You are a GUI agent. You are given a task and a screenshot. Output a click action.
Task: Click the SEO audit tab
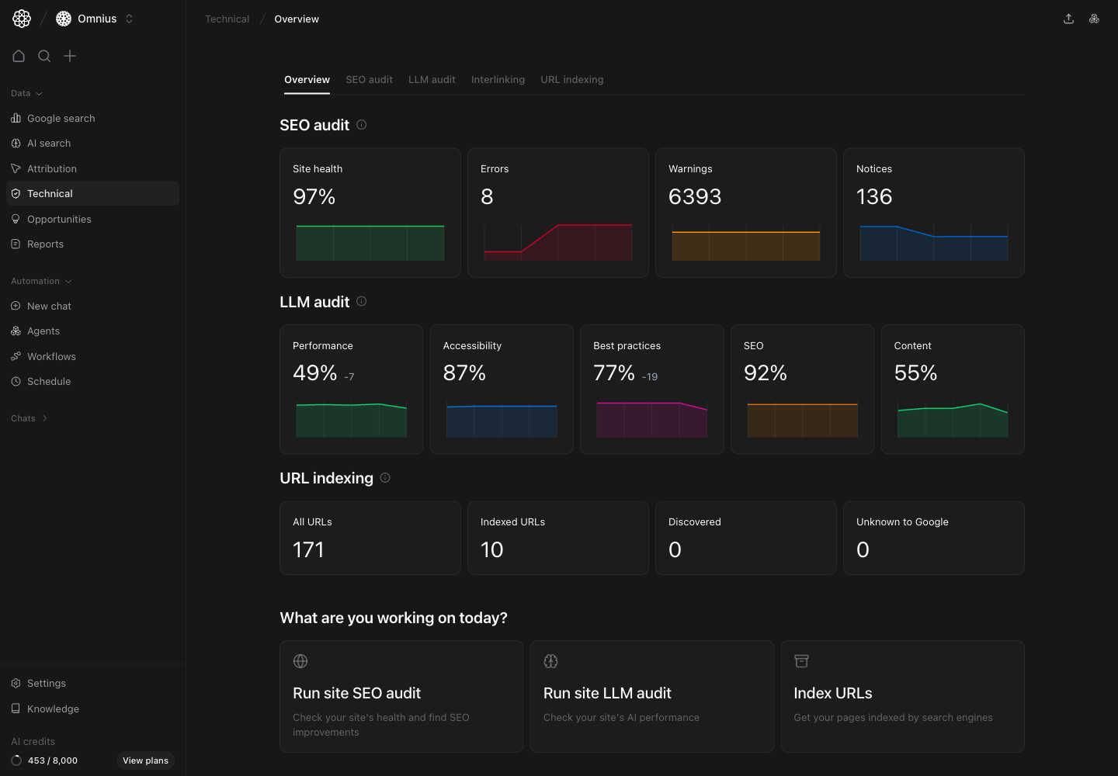369,80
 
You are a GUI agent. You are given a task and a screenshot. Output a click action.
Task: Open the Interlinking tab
498,80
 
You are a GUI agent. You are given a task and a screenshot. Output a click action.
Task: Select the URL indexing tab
571,80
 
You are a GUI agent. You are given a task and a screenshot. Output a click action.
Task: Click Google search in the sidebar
61,119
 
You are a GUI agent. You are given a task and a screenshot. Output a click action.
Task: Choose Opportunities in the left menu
59,220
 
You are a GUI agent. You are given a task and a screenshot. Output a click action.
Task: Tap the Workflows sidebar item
51,357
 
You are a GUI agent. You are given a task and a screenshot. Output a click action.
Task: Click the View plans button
145,760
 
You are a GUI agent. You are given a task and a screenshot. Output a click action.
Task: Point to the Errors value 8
487,197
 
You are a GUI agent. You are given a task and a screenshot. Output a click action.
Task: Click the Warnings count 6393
695,197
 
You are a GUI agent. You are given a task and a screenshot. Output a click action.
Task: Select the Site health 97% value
314,197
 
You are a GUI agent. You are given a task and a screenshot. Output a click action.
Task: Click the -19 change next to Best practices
650,377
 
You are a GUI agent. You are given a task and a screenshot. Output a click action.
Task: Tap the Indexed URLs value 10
491,550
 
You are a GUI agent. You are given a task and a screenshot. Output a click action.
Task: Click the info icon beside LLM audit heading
361,301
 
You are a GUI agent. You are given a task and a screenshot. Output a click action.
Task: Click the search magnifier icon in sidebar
44,56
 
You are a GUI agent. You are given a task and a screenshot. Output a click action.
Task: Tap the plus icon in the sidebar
70,56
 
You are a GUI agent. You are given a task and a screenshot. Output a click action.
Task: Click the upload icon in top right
1068,19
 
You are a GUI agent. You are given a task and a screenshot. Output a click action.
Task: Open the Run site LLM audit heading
607,693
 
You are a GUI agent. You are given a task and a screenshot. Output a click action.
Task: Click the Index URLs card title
832,693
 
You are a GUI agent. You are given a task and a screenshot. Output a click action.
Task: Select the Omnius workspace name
97,19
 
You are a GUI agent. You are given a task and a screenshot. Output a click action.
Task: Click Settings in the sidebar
47,684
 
